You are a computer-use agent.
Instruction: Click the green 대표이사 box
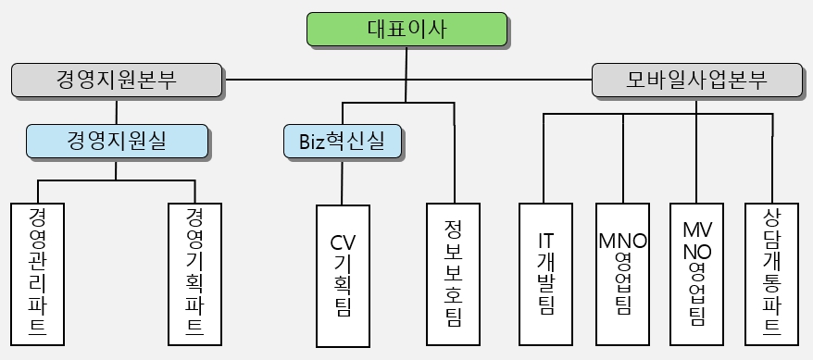[x=406, y=30]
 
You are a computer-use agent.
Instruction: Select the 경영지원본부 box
[x=117, y=80]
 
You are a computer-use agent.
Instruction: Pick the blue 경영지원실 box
[x=117, y=141]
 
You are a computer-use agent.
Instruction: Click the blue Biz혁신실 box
[x=343, y=141]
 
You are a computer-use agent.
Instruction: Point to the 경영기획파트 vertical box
[x=194, y=273]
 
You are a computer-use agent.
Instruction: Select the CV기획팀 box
[x=343, y=275]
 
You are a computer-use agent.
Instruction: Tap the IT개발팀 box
[x=545, y=273]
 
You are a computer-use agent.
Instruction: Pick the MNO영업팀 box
[x=622, y=273]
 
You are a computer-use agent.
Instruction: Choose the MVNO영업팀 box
[x=696, y=273]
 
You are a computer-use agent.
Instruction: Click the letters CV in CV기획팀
[x=343, y=243]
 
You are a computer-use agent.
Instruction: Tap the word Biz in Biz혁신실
[x=314, y=142]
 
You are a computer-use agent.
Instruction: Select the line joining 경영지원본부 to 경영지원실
[x=117, y=110]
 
